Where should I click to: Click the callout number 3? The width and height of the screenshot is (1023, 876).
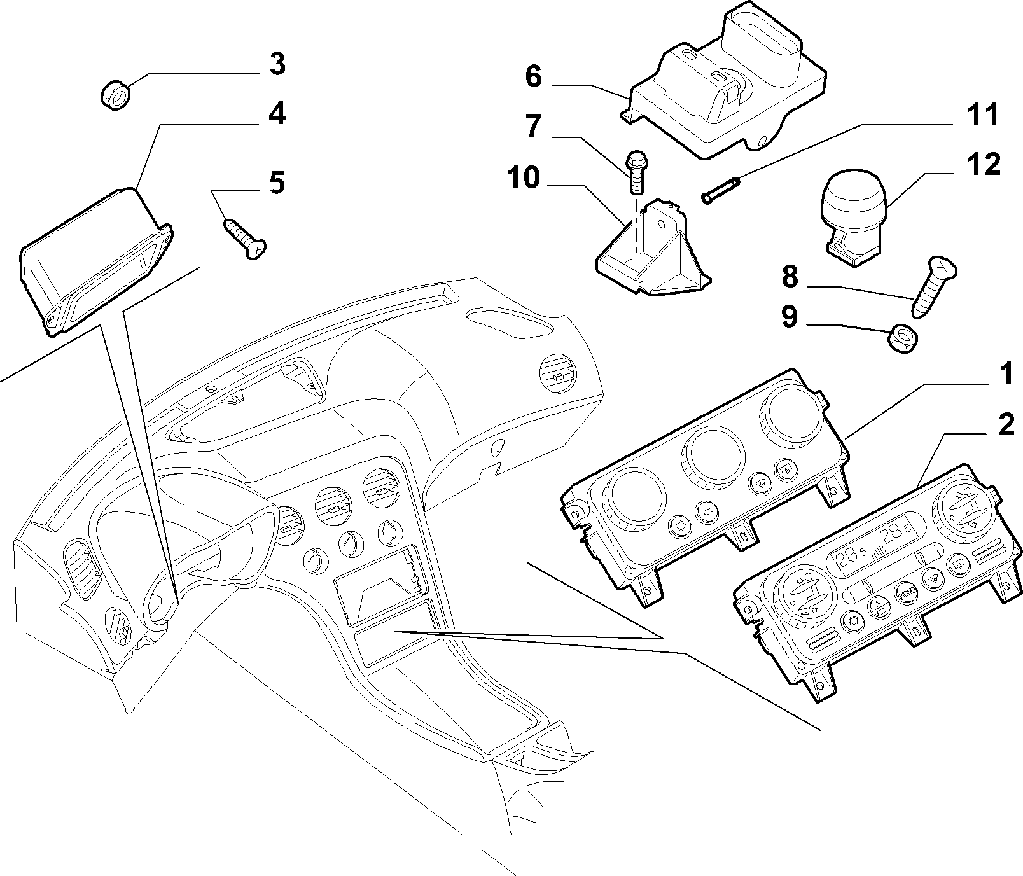[x=277, y=65]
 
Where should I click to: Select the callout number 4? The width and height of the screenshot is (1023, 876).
[x=277, y=115]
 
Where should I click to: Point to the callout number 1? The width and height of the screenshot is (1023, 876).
[x=1005, y=375]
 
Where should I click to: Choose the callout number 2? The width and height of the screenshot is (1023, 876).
[x=1005, y=425]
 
